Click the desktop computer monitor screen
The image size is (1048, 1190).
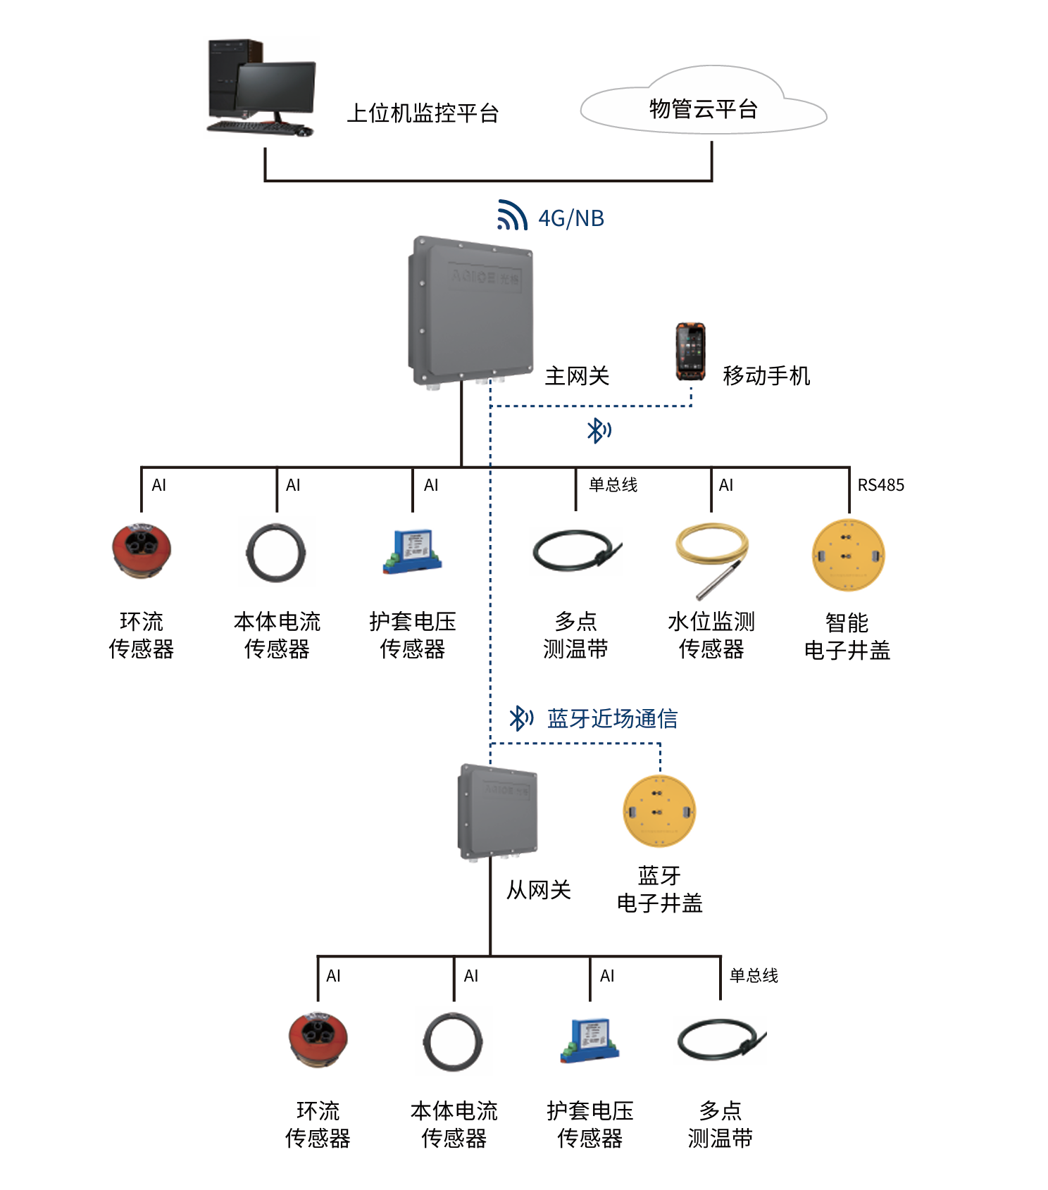275,87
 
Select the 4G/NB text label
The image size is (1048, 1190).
571,218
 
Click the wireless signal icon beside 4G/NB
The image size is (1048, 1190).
512,215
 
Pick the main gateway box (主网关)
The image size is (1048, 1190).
470,310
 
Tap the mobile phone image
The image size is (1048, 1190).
690,351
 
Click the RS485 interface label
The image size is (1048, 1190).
880,485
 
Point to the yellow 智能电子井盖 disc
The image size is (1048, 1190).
848,556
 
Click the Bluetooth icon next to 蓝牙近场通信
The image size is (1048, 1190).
520,718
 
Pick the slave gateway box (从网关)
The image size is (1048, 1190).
498,811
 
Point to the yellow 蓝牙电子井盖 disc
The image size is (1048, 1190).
659,811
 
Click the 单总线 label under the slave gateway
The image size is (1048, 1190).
754,975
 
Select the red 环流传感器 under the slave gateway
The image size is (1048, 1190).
318,1039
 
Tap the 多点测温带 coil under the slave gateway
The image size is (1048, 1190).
720,1041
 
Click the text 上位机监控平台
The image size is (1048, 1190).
423,113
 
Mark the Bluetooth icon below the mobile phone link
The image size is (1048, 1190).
599,430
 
